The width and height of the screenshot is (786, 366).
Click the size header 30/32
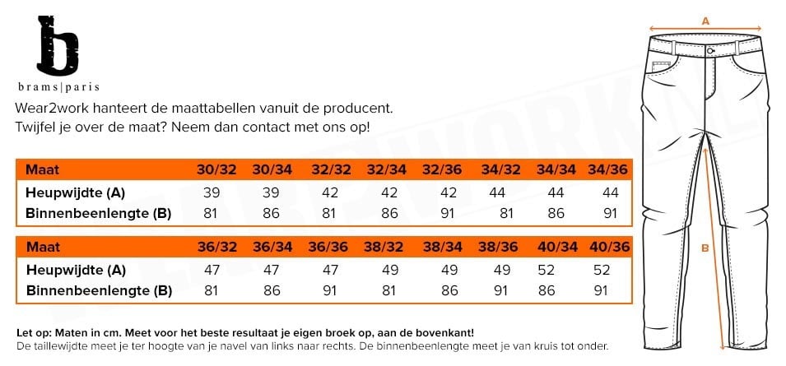(216, 170)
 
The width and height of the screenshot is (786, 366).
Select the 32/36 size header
(440, 170)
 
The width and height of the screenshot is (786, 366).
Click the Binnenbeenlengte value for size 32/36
(448, 213)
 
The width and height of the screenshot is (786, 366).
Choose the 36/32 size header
(216, 247)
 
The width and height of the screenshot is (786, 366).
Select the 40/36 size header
(608, 247)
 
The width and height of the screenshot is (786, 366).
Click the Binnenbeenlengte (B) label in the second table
(99, 290)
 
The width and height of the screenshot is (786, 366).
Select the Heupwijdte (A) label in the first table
(76, 192)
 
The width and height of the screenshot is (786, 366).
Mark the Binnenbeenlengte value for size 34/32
(506, 213)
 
